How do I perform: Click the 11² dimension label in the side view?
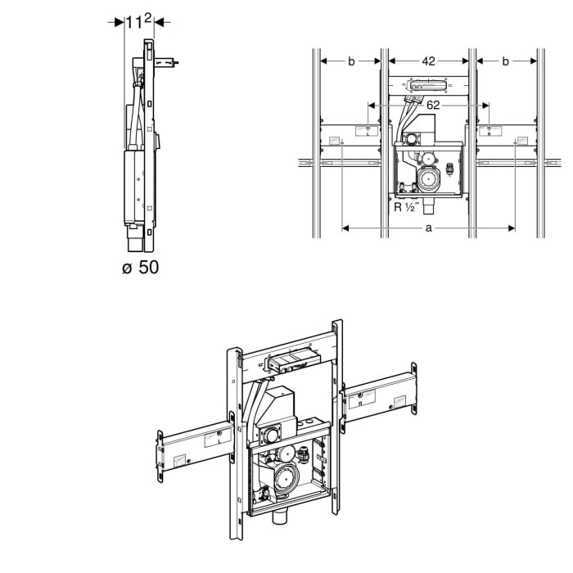point(138,22)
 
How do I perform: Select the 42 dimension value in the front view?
point(428,60)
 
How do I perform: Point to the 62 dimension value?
point(433,105)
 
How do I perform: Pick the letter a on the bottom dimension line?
point(428,228)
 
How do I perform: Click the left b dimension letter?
point(351,60)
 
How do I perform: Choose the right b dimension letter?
point(505,60)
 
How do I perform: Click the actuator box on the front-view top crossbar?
point(428,83)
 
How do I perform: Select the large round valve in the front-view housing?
point(427,178)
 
